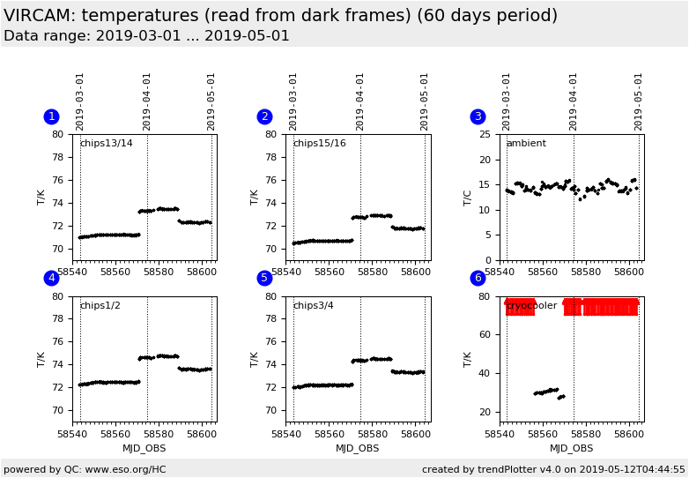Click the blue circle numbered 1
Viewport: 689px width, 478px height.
click(51, 116)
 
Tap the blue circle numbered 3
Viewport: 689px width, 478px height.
click(478, 116)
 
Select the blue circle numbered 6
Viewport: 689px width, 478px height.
click(478, 279)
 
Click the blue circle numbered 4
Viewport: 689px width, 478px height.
click(51, 279)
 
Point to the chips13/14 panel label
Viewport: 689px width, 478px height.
click(106, 144)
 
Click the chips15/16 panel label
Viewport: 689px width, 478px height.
click(319, 144)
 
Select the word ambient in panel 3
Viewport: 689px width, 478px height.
click(525, 144)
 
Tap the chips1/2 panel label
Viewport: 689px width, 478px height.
click(100, 306)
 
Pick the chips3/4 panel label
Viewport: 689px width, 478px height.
click(313, 306)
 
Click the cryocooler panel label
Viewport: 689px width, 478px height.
click(531, 306)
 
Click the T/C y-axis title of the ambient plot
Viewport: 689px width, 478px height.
click(468, 197)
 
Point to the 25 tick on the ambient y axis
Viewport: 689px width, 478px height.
click(485, 135)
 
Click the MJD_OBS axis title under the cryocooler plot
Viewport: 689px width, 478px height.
click(572, 449)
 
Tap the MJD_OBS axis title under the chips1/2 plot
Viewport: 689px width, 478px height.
click(144, 449)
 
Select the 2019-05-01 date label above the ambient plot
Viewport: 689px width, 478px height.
click(639, 101)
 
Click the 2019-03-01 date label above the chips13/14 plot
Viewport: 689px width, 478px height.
click(80, 101)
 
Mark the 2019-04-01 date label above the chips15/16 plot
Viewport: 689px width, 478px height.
click(360, 101)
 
